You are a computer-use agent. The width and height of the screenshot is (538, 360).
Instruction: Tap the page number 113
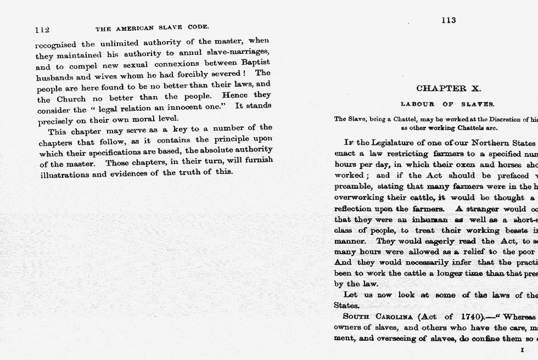(x=449, y=20)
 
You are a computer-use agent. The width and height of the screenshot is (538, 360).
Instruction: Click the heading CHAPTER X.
(x=448, y=88)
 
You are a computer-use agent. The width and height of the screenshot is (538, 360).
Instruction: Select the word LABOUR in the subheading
(x=418, y=104)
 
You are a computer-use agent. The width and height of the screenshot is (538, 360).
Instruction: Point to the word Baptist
(x=256, y=63)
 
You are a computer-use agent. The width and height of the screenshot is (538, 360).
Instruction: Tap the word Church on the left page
(x=71, y=99)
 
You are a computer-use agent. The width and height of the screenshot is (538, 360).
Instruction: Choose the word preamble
(x=352, y=187)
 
